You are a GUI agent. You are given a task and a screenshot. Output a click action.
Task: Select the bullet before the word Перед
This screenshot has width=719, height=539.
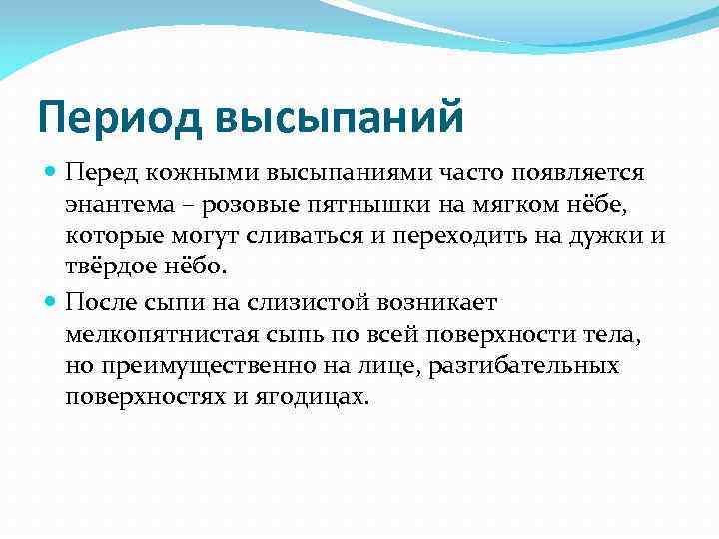[x=52, y=173]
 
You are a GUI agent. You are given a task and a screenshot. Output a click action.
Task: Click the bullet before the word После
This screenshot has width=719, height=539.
[x=52, y=301]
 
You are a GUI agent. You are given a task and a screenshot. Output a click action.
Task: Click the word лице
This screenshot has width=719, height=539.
[x=394, y=366]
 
